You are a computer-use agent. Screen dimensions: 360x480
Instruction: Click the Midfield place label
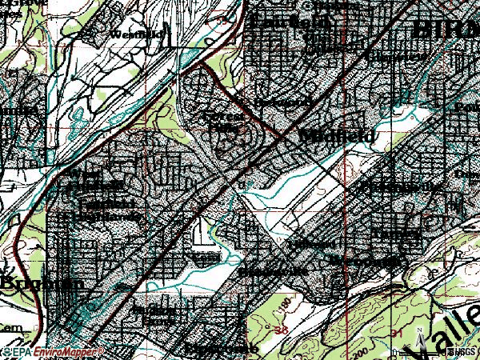tap(338, 137)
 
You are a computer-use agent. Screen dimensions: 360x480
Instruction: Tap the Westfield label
tap(135, 34)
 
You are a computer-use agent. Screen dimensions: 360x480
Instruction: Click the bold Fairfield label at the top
tap(289, 22)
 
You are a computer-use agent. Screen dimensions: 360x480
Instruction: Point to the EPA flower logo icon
tap(6, 352)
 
